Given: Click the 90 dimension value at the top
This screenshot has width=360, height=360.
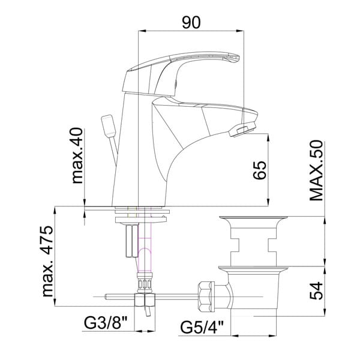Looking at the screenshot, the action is [191, 22].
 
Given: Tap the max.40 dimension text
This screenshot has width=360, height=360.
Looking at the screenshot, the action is [77, 155].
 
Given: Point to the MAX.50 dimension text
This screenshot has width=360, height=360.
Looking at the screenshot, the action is [316, 170].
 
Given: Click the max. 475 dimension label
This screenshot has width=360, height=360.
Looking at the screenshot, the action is [48, 261].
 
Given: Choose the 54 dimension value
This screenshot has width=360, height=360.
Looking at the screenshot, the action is [316, 290].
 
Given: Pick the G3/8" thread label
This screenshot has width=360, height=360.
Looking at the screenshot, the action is [106, 323].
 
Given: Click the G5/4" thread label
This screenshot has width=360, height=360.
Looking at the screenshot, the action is [202, 327].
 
